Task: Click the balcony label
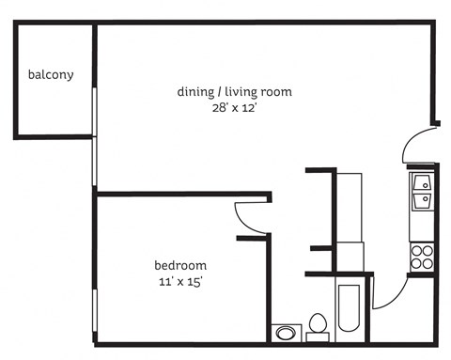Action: tap(51, 74)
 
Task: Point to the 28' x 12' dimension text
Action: tap(235, 107)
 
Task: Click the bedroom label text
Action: tap(180, 265)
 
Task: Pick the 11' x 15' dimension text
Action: tap(180, 281)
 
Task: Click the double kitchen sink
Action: tap(421, 191)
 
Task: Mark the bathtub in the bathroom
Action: tap(349, 308)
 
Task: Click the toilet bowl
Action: tap(319, 323)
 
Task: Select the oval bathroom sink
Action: tap(285, 332)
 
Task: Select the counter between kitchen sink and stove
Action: tap(421, 227)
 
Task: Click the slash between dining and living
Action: tap(219, 91)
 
